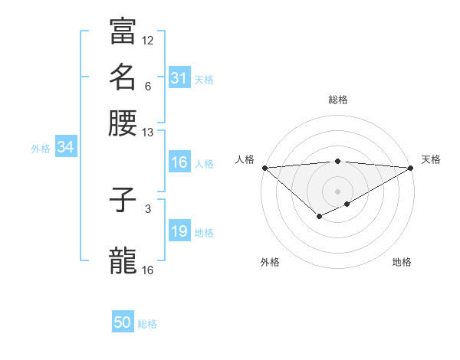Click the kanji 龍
click(x=123, y=260)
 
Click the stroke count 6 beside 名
click(x=148, y=87)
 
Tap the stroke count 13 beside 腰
click(x=148, y=133)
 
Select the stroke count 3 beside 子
click(x=148, y=208)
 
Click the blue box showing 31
click(x=179, y=77)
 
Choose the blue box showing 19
click(x=179, y=232)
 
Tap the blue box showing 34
click(x=65, y=147)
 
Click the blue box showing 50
click(x=123, y=322)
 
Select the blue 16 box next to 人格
click(x=179, y=162)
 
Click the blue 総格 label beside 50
click(x=147, y=324)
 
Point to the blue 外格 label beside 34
click(x=41, y=149)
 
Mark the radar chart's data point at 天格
click(x=411, y=168)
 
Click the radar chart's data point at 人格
click(x=264, y=168)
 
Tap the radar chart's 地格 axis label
click(x=402, y=262)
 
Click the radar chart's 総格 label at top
click(x=338, y=100)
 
